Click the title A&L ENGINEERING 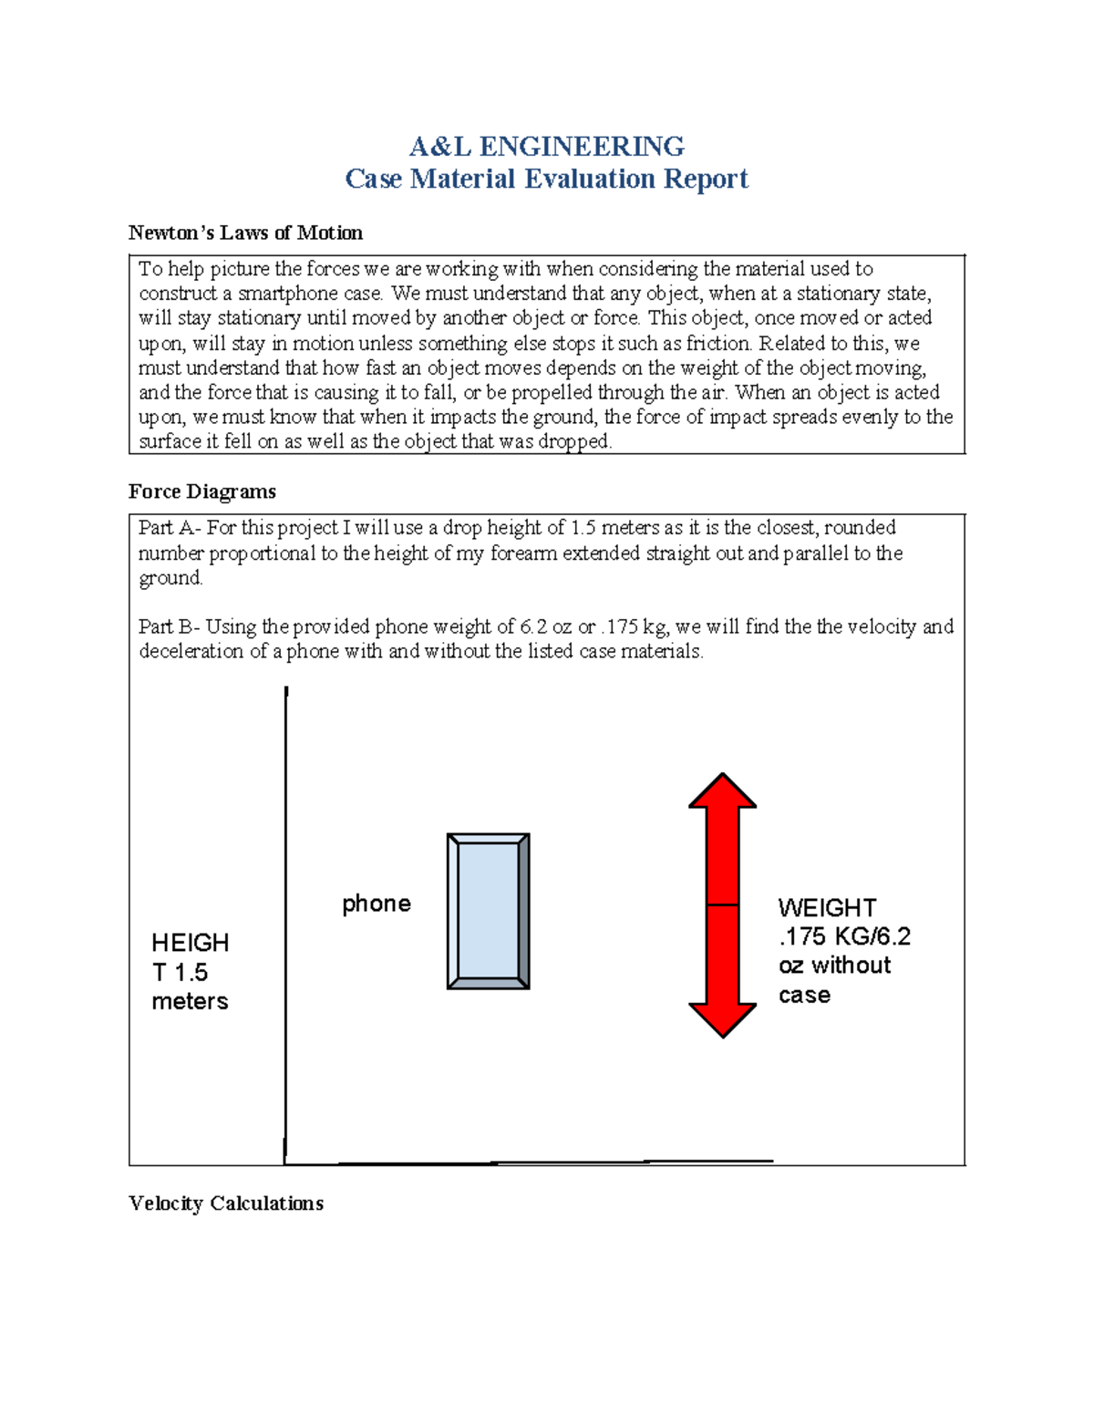(546, 146)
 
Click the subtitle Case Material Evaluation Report (546, 179)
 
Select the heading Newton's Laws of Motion (245, 233)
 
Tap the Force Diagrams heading (201, 491)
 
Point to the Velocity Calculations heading (226, 1204)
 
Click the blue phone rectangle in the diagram (488, 911)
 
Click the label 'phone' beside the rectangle (376, 904)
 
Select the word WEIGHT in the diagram (827, 908)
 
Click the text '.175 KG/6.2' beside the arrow (844, 936)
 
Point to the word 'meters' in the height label (190, 1001)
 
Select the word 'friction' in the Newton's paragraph (718, 344)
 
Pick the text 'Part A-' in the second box (170, 528)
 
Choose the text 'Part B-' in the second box (170, 626)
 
